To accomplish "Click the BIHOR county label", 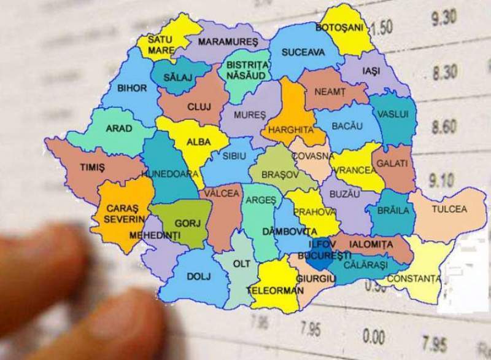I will pyautogui.click(x=131, y=88).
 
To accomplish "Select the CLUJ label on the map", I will pyautogui.click(x=199, y=107).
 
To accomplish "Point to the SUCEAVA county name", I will pyautogui.click(x=303, y=53).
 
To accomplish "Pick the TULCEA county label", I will pyautogui.click(x=449, y=209).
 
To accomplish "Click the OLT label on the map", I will pyautogui.click(x=240, y=264).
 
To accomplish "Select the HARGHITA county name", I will pyautogui.click(x=287, y=130).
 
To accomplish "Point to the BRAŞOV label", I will pyautogui.click(x=280, y=174).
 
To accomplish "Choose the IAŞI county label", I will pyautogui.click(x=371, y=71).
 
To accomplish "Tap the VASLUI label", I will pyautogui.click(x=394, y=114).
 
